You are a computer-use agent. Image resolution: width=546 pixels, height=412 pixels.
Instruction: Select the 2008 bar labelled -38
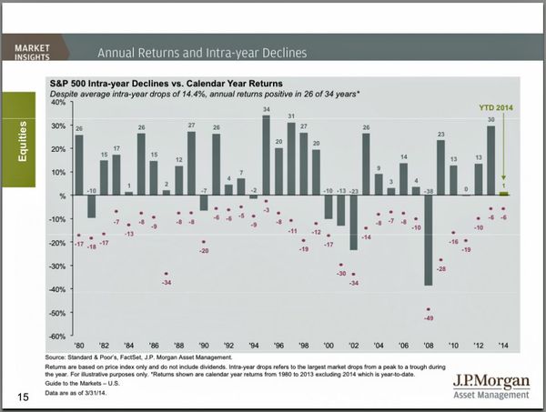428,240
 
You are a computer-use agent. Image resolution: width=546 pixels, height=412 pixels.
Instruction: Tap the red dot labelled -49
428,310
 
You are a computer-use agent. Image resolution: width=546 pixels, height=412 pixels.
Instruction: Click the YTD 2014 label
496,106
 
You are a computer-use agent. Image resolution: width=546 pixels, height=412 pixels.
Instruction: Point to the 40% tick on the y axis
58,102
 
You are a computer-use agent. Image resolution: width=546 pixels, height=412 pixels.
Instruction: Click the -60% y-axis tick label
56,337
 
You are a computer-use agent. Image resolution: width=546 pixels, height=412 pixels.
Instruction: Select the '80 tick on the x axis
79,347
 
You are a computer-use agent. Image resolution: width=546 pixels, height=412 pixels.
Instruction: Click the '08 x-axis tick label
428,347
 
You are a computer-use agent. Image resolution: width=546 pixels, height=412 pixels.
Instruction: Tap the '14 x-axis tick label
503,347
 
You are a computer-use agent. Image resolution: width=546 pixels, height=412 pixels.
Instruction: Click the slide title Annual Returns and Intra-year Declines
201,51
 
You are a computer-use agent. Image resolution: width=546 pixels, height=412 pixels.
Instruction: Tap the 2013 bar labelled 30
490,160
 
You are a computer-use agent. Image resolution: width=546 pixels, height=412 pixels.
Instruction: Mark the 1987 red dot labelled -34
166,275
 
